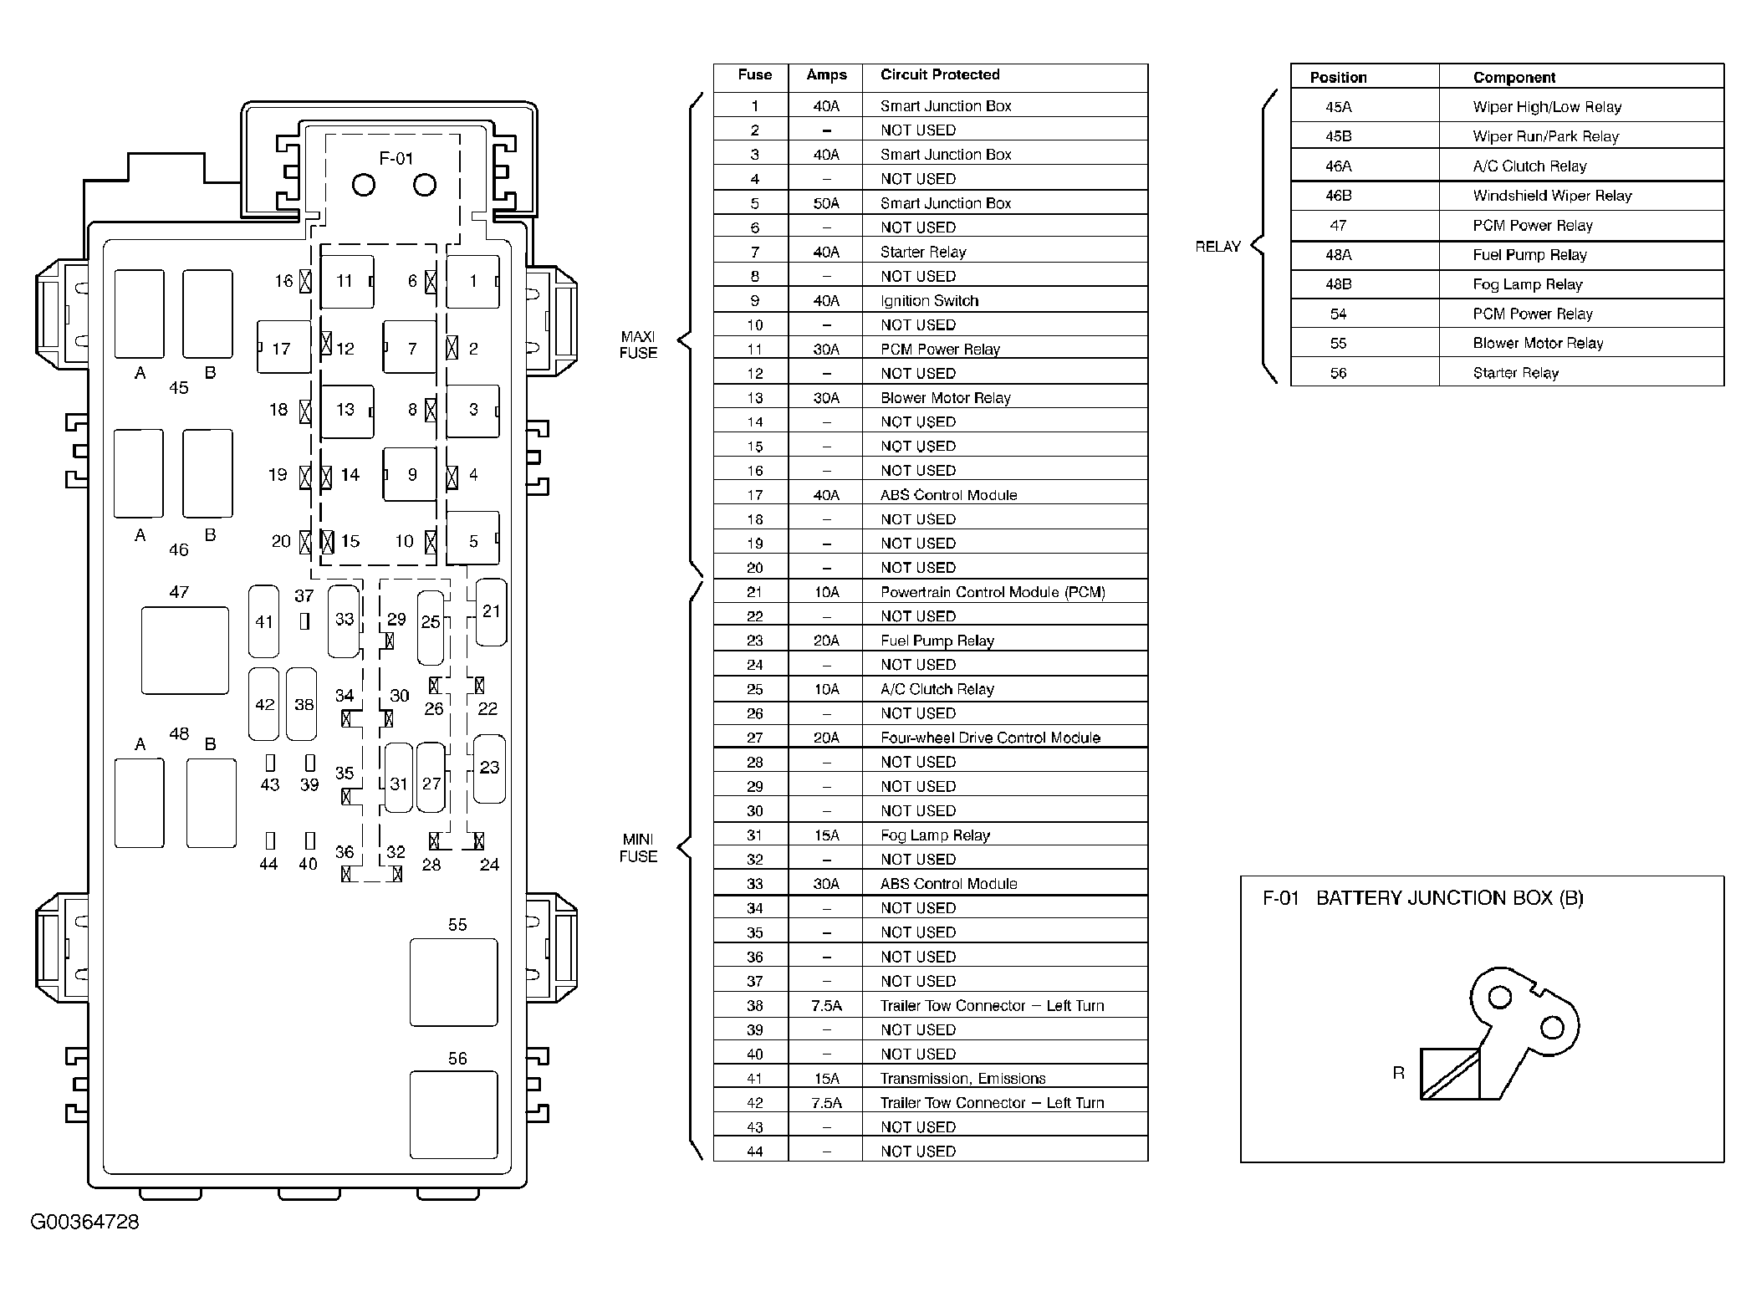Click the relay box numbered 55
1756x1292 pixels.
[x=453, y=982]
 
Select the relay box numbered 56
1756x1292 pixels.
[x=453, y=1115]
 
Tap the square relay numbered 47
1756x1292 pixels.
[x=185, y=651]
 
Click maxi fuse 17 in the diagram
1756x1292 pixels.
[x=283, y=347]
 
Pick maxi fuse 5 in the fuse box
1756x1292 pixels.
[x=472, y=539]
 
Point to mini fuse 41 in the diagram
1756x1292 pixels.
[x=264, y=621]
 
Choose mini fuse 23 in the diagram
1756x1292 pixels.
[x=489, y=768]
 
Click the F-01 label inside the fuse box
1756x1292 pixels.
[x=396, y=158]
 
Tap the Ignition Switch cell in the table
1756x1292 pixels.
[x=929, y=301]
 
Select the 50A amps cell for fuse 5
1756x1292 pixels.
[x=825, y=203]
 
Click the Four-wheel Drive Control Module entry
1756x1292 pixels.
[x=990, y=738]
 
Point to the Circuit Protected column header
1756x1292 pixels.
[x=940, y=75]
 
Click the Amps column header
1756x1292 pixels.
[x=826, y=75]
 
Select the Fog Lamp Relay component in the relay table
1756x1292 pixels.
[x=1527, y=284]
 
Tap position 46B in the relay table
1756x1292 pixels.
[x=1338, y=196]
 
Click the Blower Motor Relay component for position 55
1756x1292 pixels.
[x=1538, y=343]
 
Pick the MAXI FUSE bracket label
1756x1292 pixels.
[x=638, y=345]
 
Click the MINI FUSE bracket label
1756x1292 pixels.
[x=638, y=848]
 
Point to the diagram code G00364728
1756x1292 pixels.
[x=84, y=1222]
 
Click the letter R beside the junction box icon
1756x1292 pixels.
[x=1398, y=1073]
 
